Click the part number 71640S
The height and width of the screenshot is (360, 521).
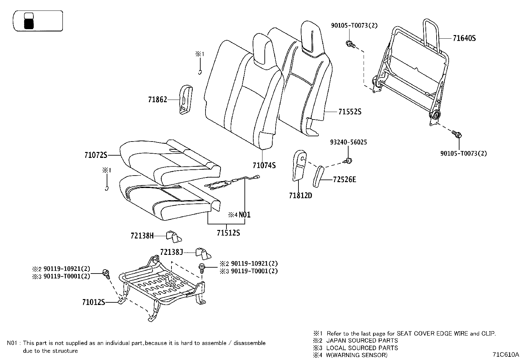pos(464,38)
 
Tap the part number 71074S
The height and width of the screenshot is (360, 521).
pos(264,165)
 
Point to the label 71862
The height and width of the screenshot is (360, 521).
pos(157,99)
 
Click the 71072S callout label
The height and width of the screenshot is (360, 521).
pos(96,155)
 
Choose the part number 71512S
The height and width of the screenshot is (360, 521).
pos(228,233)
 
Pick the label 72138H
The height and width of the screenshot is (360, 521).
pos(142,236)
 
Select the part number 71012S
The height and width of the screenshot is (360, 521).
pos(94,302)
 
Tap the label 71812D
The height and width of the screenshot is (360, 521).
pos(300,196)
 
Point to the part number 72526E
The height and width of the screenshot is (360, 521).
pos(344,180)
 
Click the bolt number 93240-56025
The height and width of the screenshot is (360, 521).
pos(348,142)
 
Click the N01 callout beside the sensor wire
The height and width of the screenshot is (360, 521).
pos(244,215)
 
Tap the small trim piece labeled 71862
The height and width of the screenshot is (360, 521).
pos(186,100)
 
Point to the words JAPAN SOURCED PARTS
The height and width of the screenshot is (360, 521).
pos(362,341)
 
